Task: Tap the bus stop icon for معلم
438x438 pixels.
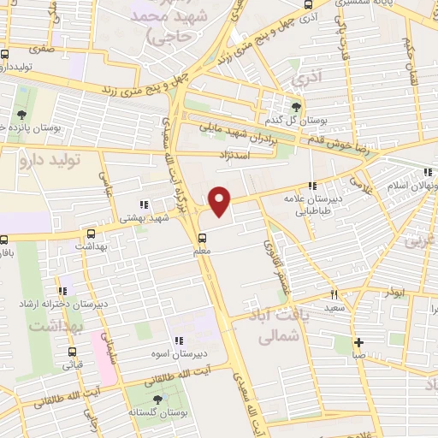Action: (202, 239)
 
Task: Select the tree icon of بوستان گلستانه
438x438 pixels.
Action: (157, 399)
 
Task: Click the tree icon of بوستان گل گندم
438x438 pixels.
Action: (296, 107)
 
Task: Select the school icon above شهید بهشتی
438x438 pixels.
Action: (144, 204)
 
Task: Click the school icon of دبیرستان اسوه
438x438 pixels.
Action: (179, 341)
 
